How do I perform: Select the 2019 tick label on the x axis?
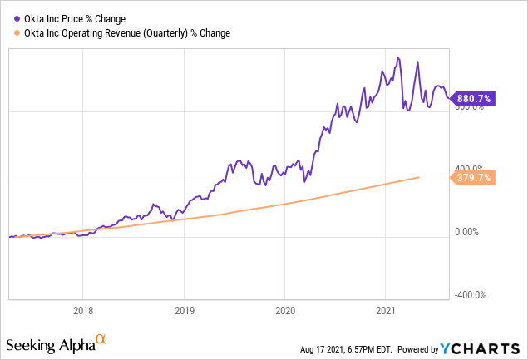[184, 311]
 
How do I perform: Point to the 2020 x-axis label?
[285, 311]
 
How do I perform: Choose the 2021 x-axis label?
[387, 311]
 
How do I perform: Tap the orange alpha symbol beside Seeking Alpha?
[101, 339]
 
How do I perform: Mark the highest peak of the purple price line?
[398, 57]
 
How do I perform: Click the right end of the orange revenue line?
[419, 177]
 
